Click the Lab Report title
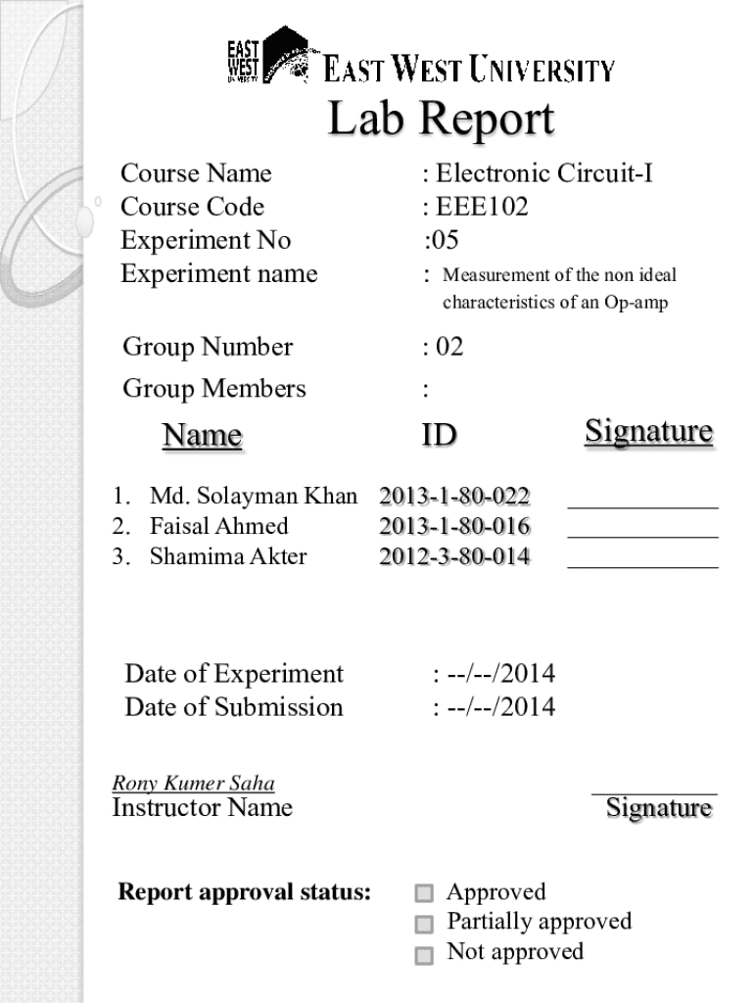pyautogui.click(x=441, y=120)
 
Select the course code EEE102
pyautogui.click(x=482, y=207)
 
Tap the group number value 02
pyautogui.click(x=448, y=347)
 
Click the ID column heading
pyautogui.click(x=439, y=434)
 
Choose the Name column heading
pyautogui.click(x=202, y=435)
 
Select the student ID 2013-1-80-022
pyautogui.click(x=454, y=496)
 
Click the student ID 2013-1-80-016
pyautogui.click(x=454, y=526)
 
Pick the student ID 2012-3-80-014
pyautogui.click(x=454, y=556)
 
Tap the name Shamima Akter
pyautogui.click(x=228, y=556)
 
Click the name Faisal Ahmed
pyautogui.click(x=219, y=526)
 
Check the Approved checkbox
pyautogui.click(x=424, y=893)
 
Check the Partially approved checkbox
pyautogui.click(x=424, y=924)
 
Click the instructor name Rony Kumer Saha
pyautogui.click(x=193, y=784)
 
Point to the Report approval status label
pyautogui.click(x=244, y=892)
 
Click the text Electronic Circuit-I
pyautogui.click(x=543, y=173)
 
